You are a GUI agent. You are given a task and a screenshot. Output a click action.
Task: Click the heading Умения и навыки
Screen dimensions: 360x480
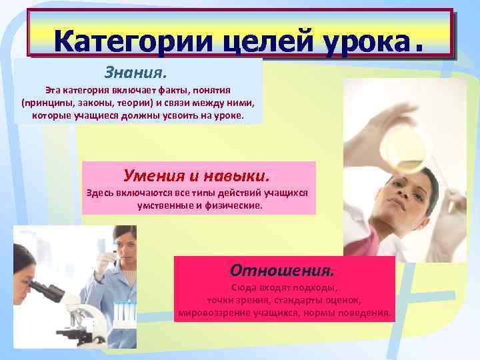[x=197, y=175]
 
